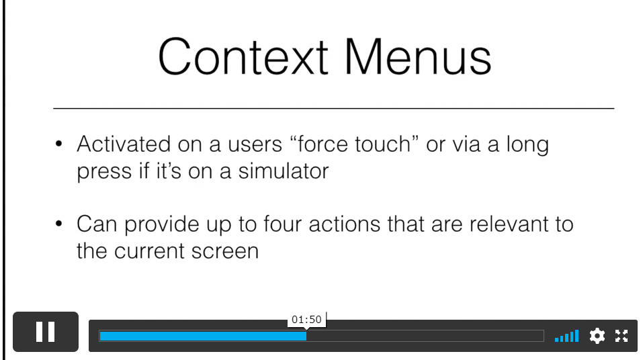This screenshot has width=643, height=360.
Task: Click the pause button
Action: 46,332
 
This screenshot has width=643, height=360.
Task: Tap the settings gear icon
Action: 597,336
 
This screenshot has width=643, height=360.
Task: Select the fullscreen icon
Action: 621,336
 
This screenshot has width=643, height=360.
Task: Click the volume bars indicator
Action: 566,336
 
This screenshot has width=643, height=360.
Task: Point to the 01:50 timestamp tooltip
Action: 307,320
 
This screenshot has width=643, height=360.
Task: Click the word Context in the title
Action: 243,56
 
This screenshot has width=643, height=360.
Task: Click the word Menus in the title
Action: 418,56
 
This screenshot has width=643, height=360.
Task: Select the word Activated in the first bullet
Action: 124,144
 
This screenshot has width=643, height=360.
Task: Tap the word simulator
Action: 284,171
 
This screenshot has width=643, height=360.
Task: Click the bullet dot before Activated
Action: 58,144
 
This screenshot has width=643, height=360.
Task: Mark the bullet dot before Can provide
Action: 58,224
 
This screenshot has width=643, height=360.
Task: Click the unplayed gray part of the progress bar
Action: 425,336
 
